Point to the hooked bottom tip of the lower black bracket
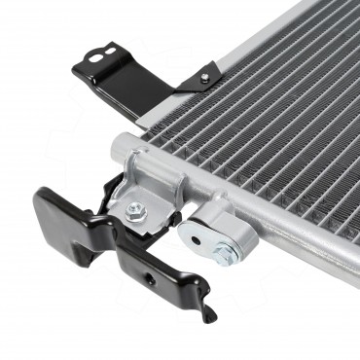pos(207,312)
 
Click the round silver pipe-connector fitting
pos(209,238)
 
